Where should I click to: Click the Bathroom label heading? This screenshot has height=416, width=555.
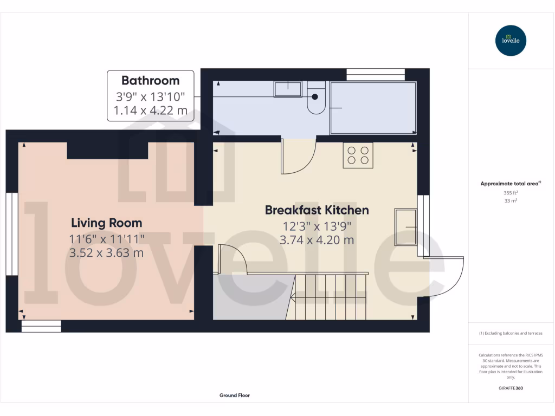point(150,81)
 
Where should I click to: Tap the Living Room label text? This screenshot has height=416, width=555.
point(107,223)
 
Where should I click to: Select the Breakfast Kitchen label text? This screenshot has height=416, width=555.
point(317,210)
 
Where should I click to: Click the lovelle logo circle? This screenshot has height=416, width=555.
point(511,41)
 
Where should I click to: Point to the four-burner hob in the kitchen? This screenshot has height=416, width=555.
point(358,155)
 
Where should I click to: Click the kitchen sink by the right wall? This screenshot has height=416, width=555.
point(405,226)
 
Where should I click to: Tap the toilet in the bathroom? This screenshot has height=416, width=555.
point(316,98)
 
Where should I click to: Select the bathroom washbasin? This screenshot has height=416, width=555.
point(287,89)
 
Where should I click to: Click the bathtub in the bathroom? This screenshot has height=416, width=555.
point(373,108)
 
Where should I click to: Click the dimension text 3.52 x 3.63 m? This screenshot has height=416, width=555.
point(107,252)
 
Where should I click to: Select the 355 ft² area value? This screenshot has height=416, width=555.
point(510,192)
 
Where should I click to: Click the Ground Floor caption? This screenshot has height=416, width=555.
point(235,395)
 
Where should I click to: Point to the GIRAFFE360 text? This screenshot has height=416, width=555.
point(510,388)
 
